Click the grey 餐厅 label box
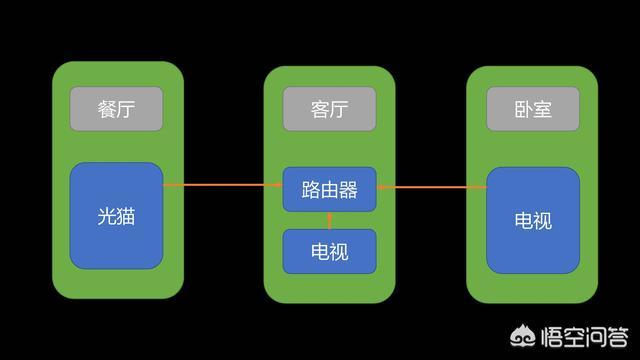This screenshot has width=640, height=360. [x=116, y=109]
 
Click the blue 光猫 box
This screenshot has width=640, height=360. [x=116, y=215]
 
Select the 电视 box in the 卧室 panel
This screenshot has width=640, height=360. [x=533, y=220]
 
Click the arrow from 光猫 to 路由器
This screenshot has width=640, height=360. [x=222, y=185]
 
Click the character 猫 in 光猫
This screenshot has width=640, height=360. [x=127, y=215]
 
